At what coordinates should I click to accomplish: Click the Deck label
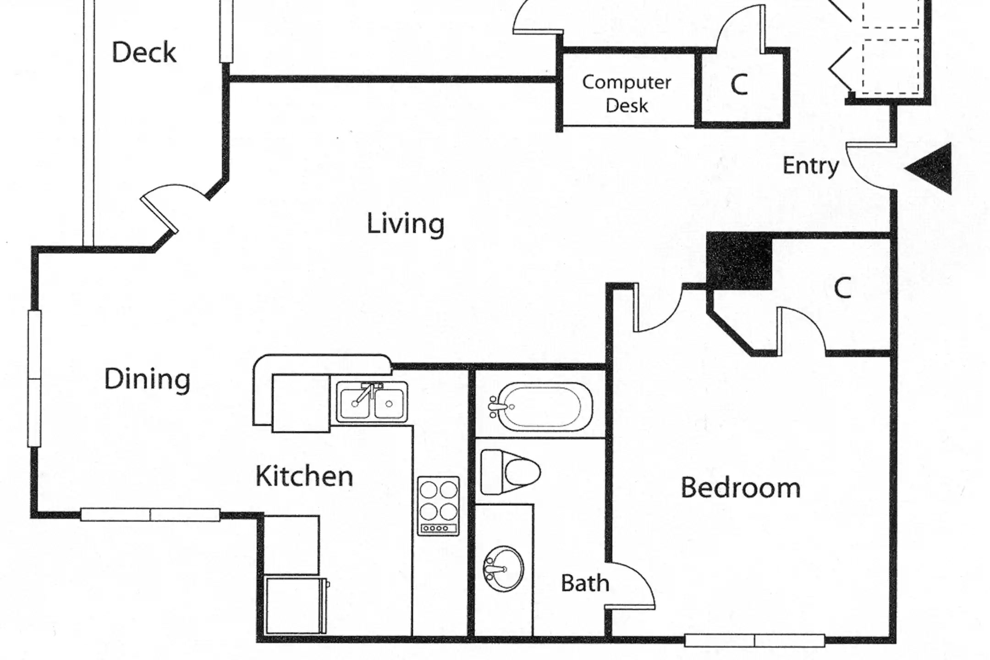144,52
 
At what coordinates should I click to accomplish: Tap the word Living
406,224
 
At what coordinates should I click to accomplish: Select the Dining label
147,379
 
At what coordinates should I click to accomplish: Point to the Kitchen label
304,476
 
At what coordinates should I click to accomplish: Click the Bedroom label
741,487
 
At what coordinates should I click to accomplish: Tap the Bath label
585,583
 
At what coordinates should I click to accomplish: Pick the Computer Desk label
627,94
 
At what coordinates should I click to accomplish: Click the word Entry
811,166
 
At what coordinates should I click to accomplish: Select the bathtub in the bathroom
541,407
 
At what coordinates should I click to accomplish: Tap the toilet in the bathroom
510,472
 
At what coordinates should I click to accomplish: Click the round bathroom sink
503,569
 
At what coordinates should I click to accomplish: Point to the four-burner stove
438,506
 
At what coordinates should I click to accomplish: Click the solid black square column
739,261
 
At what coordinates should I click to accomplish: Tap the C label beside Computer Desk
739,85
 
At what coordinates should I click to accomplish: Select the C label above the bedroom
842,288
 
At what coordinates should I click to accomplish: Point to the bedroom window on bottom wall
754,640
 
